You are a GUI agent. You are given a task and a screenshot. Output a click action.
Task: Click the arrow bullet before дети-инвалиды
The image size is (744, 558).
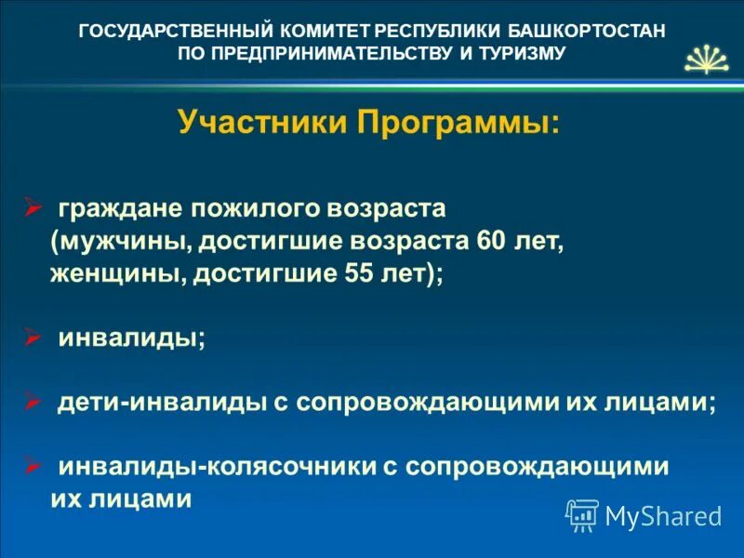coord(32,401)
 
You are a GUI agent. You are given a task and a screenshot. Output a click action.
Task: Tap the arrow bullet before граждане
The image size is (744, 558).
coord(32,205)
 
